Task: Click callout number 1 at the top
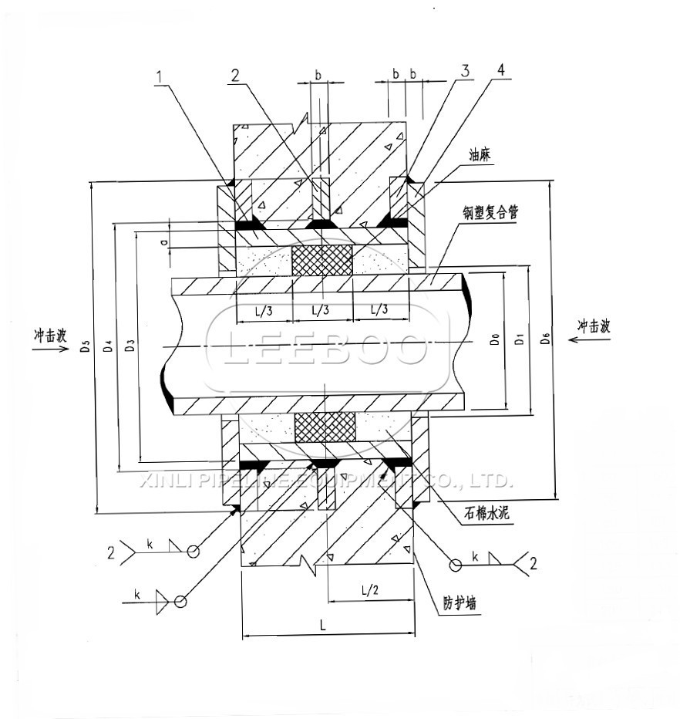160,76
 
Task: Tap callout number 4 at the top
501,69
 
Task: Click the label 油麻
480,154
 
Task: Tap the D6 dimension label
546,338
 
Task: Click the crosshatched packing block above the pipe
322,260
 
